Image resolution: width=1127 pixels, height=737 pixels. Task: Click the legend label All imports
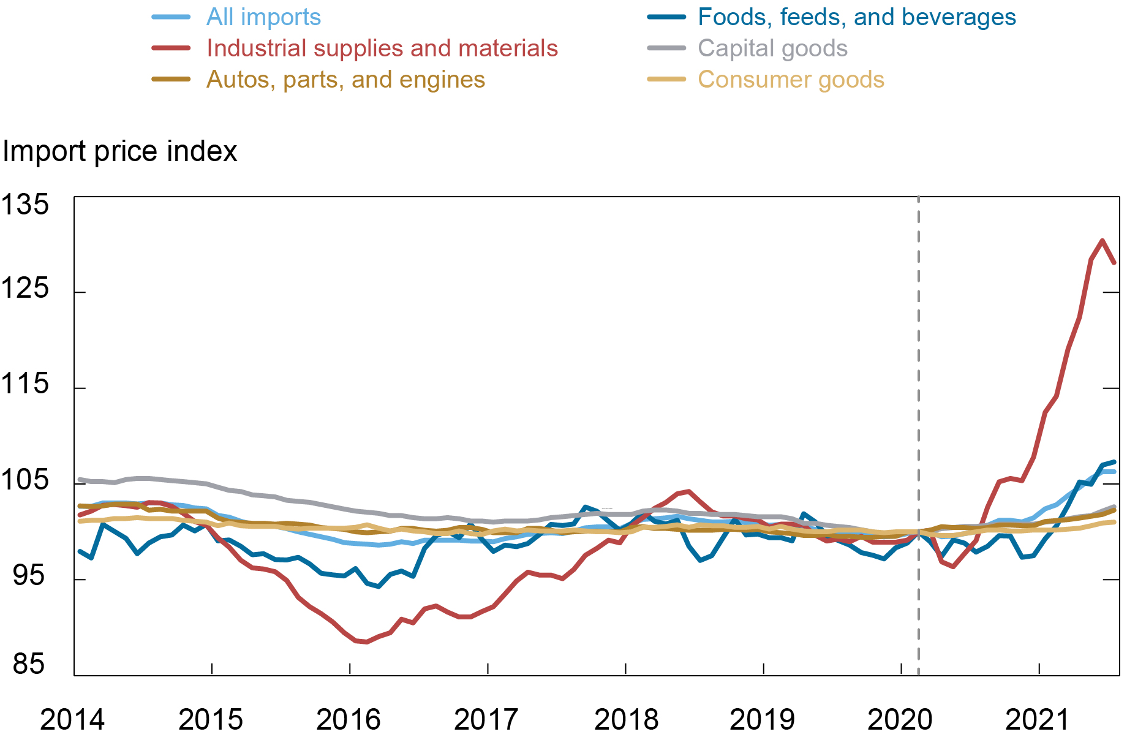pos(263,17)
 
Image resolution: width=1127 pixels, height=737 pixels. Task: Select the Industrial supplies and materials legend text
pos(382,48)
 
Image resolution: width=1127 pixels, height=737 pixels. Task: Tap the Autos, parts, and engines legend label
pos(345,80)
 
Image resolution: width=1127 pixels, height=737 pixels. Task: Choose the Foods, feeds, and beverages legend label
pos(857,17)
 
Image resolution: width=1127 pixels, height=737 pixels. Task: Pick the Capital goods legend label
pos(772,48)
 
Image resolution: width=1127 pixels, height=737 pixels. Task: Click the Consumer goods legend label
pos(791,80)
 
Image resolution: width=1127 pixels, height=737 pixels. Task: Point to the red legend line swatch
pos(171,48)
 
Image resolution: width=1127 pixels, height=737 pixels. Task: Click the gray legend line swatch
pos(666,48)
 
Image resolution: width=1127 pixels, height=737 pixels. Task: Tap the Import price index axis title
pos(120,151)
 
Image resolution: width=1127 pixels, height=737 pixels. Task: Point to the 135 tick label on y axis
pos(24,205)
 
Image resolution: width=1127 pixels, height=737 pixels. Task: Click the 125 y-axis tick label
pos(24,288)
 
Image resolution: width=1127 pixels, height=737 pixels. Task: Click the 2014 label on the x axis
pos(72,719)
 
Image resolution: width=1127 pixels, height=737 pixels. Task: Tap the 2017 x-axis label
pos(486,719)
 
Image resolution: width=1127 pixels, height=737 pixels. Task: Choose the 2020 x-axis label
pos(900,719)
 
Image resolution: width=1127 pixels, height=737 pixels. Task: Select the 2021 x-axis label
pos(1038,719)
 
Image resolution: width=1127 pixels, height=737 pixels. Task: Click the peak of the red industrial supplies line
pos(1102,241)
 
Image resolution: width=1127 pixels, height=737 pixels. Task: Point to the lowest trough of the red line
pos(366,641)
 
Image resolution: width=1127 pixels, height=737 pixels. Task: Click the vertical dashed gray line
pos(918,368)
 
